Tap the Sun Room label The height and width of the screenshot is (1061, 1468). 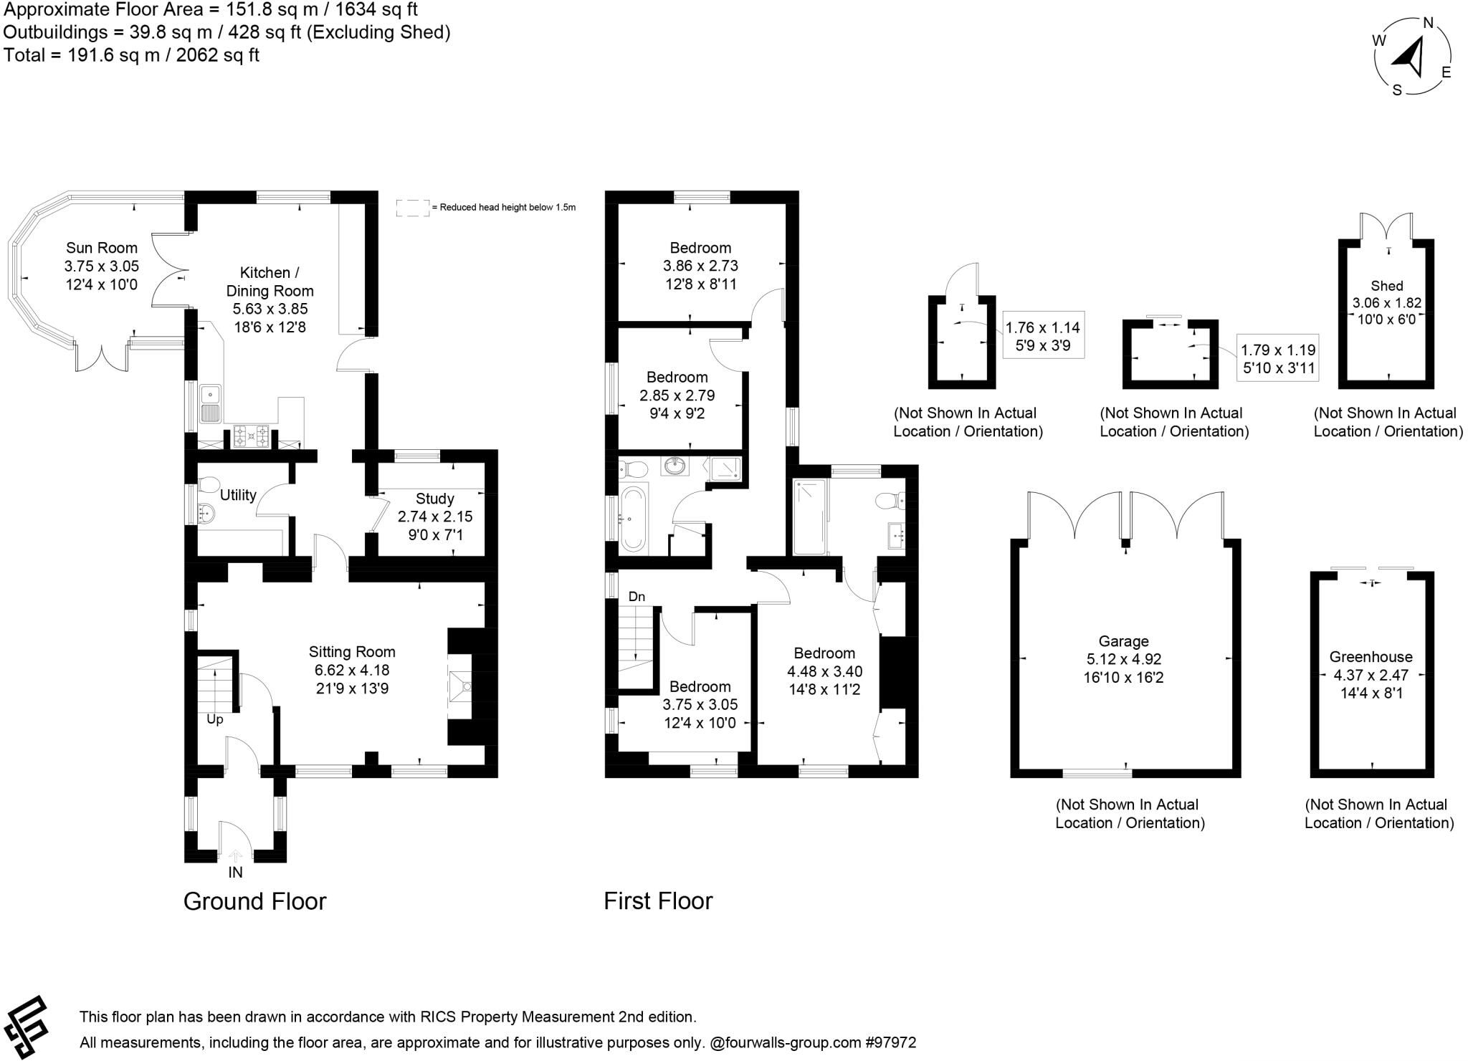(x=101, y=248)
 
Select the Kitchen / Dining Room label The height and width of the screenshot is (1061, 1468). (x=270, y=282)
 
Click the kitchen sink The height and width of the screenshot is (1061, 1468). (x=210, y=403)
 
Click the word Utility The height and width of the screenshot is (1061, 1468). (x=238, y=495)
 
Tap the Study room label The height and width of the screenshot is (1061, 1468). (x=434, y=499)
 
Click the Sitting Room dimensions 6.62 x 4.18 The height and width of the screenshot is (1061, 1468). (x=351, y=671)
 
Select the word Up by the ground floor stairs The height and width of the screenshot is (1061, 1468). (x=215, y=719)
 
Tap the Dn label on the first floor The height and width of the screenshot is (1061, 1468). (x=637, y=597)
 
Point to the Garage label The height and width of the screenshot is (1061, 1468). (x=1123, y=641)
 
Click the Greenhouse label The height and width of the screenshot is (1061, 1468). (x=1371, y=657)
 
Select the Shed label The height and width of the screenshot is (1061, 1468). (x=1386, y=286)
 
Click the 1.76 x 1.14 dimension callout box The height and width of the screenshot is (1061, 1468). (x=1042, y=335)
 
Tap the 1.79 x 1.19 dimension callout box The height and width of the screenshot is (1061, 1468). (x=1278, y=359)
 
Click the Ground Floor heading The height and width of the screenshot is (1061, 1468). (x=254, y=901)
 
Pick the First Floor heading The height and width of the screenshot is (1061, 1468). (x=658, y=901)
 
